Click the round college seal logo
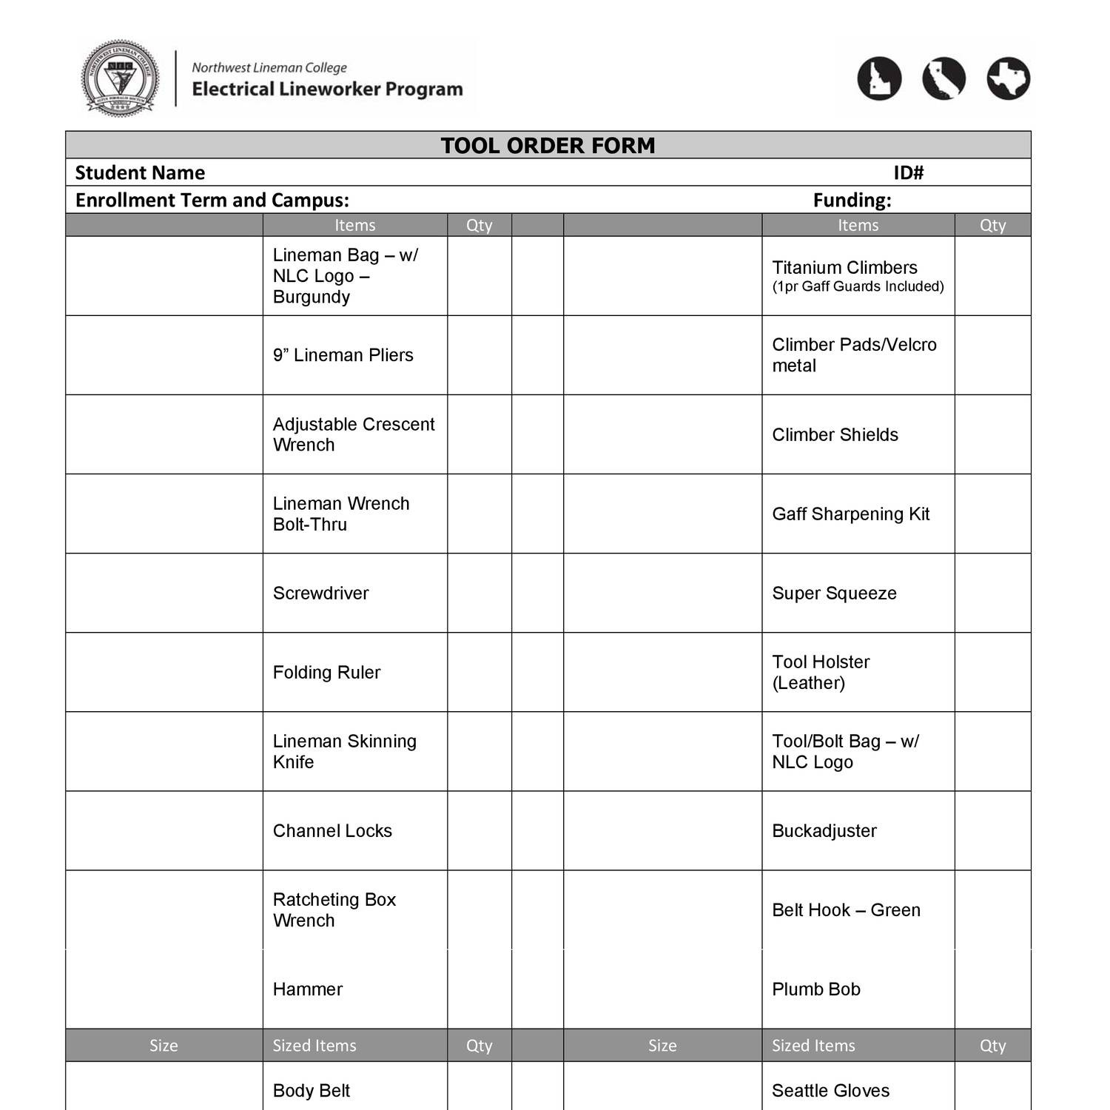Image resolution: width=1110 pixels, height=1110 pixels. (119, 78)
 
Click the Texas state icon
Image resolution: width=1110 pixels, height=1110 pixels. (1008, 78)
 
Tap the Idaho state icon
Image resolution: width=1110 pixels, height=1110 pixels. (879, 78)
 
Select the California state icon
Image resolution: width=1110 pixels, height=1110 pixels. (943, 78)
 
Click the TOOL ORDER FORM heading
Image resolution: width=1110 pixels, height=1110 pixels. (548, 145)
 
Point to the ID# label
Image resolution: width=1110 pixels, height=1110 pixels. (908, 172)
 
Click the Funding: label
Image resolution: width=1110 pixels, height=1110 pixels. (852, 200)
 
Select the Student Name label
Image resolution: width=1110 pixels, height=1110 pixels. (140, 172)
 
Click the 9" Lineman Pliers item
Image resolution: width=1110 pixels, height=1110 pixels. (343, 355)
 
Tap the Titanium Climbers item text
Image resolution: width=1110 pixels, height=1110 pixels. (844, 268)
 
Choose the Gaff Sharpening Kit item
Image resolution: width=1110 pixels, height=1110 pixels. (850, 514)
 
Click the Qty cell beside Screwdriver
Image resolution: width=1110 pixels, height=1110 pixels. (479, 593)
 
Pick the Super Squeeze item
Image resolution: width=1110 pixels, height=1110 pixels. (834, 593)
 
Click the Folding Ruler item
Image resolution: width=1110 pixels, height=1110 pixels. (326, 672)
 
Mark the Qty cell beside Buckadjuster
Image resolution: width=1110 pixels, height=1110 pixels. (992, 830)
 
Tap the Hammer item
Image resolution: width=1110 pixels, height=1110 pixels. (307, 989)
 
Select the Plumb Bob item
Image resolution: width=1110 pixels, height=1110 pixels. (815, 989)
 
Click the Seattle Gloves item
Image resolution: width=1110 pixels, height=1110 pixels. (830, 1090)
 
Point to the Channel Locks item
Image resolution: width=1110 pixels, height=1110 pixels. (332, 830)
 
